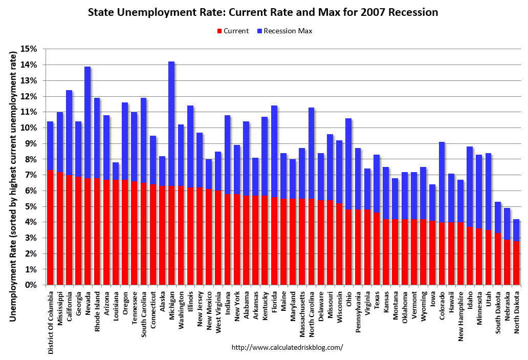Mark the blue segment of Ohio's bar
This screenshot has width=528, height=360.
pos(348,164)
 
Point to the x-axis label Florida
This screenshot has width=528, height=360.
pos(274,304)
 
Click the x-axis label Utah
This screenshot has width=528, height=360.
pos(488,300)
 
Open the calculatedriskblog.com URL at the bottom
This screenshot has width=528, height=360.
pos(287,347)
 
